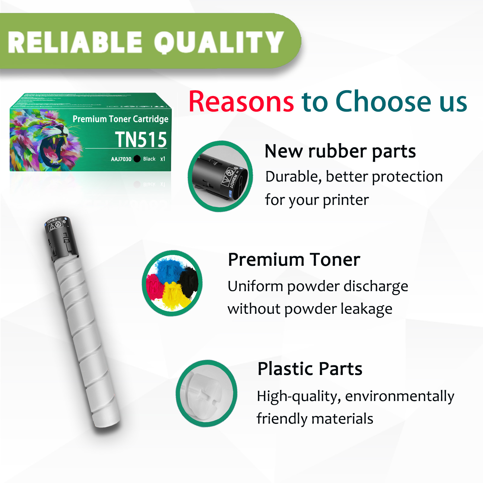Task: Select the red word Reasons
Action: click(241, 102)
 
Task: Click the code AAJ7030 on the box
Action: click(121, 159)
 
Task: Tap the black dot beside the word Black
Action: click(137, 159)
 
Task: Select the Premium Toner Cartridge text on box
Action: click(120, 119)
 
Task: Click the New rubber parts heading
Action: click(340, 151)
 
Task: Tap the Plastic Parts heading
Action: click(310, 369)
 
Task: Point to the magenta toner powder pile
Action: click(154, 287)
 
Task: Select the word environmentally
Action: click(399, 396)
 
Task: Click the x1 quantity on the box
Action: click(163, 159)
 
